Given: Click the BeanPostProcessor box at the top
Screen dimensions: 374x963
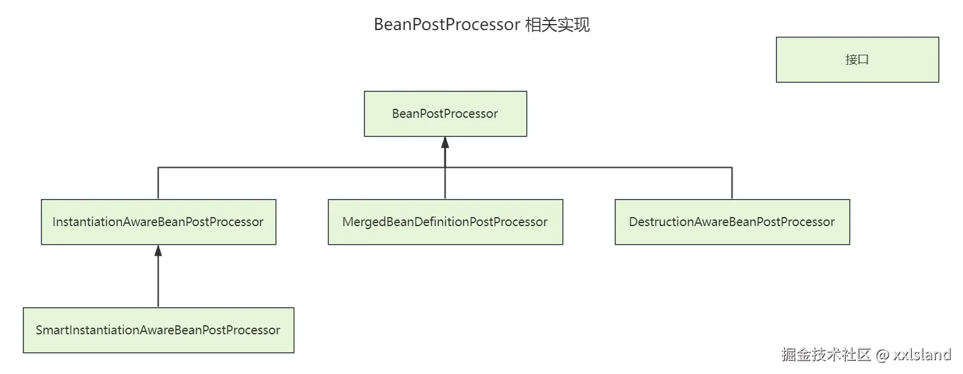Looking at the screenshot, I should [x=445, y=114].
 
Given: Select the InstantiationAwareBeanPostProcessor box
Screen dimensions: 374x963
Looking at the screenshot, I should [x=158, y=222].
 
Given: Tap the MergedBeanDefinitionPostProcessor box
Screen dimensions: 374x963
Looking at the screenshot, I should [x=445, y=222].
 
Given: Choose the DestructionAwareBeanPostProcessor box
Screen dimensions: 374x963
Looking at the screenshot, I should [x=732, y=222].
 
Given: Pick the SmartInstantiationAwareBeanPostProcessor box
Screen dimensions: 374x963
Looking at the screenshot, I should [x=158, y=330].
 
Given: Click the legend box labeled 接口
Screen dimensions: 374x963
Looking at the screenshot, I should [x=857, y=60].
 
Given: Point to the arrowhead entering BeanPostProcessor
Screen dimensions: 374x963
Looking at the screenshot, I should [x=445, y=143].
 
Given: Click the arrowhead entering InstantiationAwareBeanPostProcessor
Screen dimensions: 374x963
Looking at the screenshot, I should [x=158, y=251].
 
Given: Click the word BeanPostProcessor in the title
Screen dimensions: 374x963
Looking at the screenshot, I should [x=447, y=25].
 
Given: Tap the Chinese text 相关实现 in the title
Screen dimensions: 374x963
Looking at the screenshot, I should [x=557, y=25].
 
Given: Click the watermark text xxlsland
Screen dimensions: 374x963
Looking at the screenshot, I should [x=921, y=354].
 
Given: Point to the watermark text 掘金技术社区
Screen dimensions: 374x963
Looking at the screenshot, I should [x=826, y=354].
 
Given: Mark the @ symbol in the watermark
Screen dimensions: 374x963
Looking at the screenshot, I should [x=882, y=355].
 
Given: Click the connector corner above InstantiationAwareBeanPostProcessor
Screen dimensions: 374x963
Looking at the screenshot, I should [x=158, y=168].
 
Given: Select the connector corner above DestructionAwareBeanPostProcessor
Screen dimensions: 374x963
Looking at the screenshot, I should [x=732, y=168].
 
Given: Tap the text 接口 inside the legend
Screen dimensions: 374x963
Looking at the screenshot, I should [x=857, y=60].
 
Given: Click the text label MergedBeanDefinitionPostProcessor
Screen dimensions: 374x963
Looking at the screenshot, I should [x=445, y=222].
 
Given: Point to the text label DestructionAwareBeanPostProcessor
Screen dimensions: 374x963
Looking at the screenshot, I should [x=732, y=222].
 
